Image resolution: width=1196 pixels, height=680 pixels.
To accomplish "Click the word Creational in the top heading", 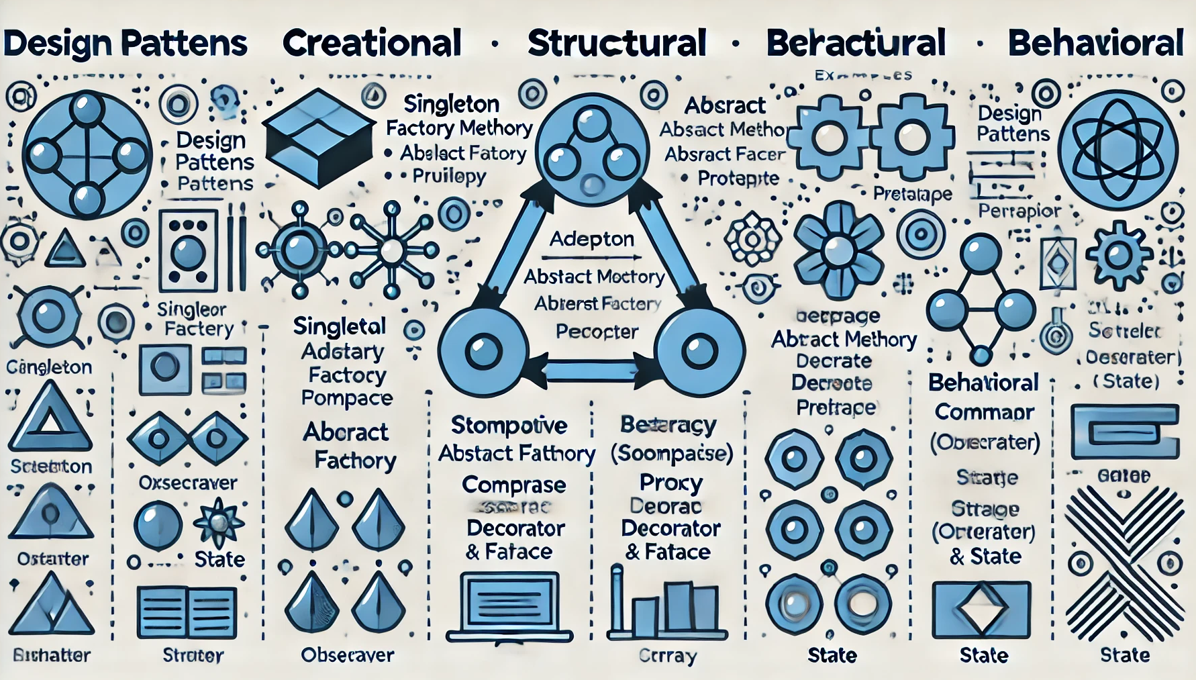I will pos(372,43).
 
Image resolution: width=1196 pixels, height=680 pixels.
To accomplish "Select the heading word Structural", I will pos(617,43).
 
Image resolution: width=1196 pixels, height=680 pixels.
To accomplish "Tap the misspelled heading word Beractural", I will pos(856,43).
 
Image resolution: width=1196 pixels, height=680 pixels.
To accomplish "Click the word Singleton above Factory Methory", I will pos(451,104).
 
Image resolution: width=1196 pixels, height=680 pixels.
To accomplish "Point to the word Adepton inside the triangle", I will pos(591,239).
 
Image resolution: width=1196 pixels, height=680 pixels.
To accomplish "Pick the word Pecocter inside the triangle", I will pos(597,332).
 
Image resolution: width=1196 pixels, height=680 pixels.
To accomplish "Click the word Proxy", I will pos(670,483).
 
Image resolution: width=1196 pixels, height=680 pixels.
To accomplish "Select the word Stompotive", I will pos(509,425).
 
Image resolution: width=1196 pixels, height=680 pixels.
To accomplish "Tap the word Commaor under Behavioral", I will pos(984,412).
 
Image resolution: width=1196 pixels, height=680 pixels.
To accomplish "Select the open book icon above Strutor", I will pos(187,612).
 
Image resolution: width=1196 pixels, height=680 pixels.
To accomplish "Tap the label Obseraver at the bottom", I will pos(347,655).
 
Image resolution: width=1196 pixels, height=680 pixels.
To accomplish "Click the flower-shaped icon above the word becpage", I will pos(838,250).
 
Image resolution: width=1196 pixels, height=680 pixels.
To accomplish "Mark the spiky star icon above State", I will pos(218,522).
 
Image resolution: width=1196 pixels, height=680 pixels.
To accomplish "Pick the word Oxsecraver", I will pos(188,483).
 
